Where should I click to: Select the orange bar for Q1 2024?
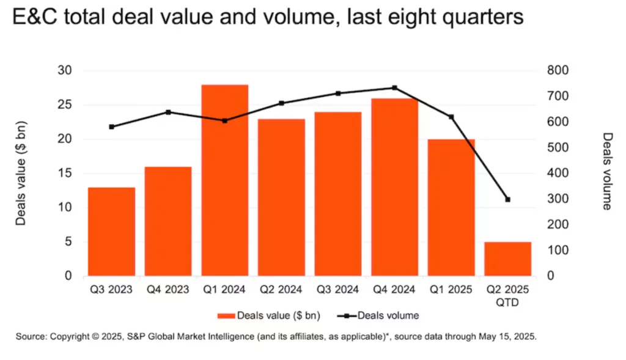click(224, 180)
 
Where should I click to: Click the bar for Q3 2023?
click(111, 232)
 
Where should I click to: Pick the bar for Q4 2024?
click(394, 187)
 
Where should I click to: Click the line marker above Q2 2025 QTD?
click(507, 199)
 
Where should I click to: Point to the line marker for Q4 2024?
click(394, 87)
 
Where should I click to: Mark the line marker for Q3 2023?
click(111, 127)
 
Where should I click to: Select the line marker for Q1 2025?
click(451, 117)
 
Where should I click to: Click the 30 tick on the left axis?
click(64, 71)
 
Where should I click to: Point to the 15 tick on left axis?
click(64, 174)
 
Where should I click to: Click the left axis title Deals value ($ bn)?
click(21, 173)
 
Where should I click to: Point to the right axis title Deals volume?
click(606, 171)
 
